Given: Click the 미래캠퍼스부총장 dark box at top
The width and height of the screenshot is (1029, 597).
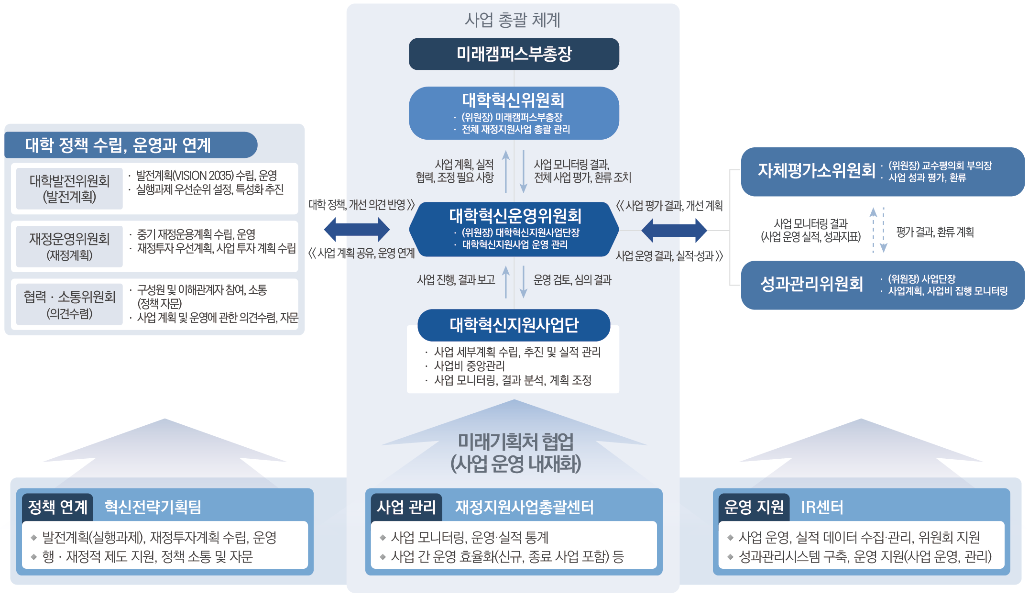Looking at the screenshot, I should [x=514, y=54].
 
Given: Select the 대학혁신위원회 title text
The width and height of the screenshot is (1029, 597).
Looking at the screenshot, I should [x=513, y=100].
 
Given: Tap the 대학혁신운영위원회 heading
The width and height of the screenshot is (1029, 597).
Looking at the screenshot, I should [x=515, y=216].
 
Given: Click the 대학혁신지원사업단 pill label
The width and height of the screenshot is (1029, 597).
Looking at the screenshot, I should [x=514, y=325].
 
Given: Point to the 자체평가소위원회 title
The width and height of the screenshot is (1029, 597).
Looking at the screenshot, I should [x=816, y=171].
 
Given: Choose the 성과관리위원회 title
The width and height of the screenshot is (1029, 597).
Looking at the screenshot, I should [x=811, y=284].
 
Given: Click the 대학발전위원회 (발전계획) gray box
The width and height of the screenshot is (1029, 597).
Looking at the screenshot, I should [x=69, y=188].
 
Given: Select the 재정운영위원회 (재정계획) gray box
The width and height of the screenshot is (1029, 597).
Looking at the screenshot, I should [x=69, y=246].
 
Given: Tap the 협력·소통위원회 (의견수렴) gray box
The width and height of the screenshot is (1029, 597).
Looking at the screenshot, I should [x=69, y=304].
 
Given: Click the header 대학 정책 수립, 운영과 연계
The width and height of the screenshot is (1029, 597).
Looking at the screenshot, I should [x=118, y=145].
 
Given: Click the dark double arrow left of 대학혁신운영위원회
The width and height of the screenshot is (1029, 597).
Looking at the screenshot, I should [x=357, y=230].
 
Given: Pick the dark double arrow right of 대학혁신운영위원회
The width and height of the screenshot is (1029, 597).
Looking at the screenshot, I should [x=674, y=230].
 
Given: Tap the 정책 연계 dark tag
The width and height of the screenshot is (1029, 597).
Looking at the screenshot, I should [x=58, y=507].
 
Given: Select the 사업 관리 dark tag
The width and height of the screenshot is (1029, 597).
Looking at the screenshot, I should [x=406, y=507].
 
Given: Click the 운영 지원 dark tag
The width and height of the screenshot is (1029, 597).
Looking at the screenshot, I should [x=754, y=507].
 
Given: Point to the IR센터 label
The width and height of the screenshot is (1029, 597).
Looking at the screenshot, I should [x=822, y=507].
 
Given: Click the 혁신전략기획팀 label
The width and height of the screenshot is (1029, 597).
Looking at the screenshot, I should [x=153, y=507].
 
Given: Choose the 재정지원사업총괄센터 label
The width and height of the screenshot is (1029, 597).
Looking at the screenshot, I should [x=524, y=507].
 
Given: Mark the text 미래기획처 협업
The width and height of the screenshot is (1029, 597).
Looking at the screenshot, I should [x=515, y=442].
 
